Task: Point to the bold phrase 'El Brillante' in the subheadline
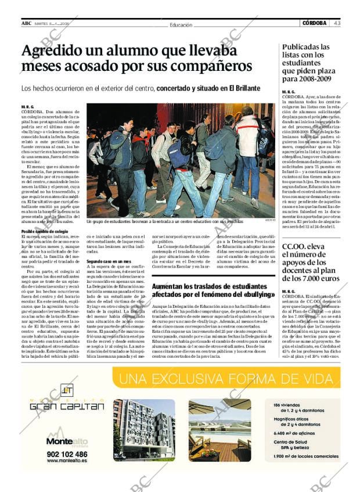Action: coord(240,88)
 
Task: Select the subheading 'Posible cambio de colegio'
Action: coord(45,231)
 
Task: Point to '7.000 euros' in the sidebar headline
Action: coord(315,279)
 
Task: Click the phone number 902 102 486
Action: coord(67,454)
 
